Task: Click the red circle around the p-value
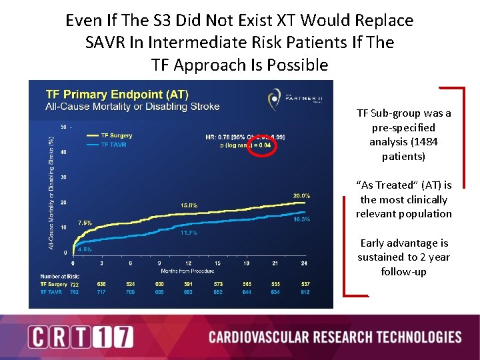tap(262, 144)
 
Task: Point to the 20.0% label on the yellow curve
tap(301, 196)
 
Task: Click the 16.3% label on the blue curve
tap(301, 219)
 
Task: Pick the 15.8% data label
tap(189, 205)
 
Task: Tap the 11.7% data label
tap(189, 233)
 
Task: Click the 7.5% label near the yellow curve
tap(85, 223)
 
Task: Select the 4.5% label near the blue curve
tap(85, 249)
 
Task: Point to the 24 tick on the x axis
tap(304, 263)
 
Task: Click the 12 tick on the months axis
tap(189, 263)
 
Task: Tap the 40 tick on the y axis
tap(63, 152)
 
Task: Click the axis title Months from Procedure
tap(189, 271)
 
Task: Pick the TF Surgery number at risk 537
tap(304, 284)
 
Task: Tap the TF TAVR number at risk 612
tap(304, 291)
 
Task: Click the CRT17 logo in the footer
tap(81, 337)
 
